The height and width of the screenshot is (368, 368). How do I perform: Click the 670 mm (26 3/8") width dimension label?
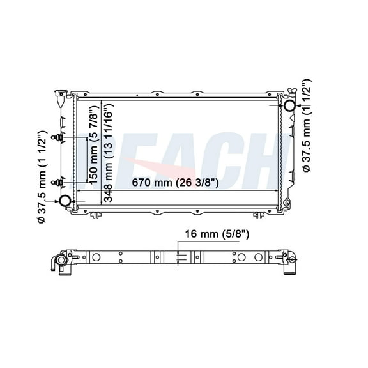176,183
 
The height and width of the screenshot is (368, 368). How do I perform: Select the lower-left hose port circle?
66,202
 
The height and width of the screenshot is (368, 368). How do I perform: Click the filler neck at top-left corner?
61,96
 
